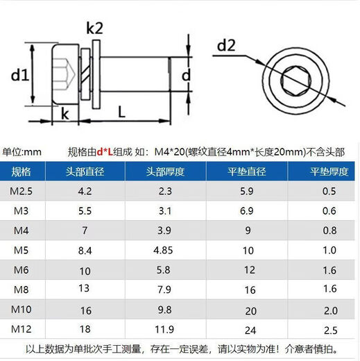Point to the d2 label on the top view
[x=227, y=46]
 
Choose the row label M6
[x=21, y=269]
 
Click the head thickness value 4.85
[x=165, y=249]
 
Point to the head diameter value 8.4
[x=85, y=249]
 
